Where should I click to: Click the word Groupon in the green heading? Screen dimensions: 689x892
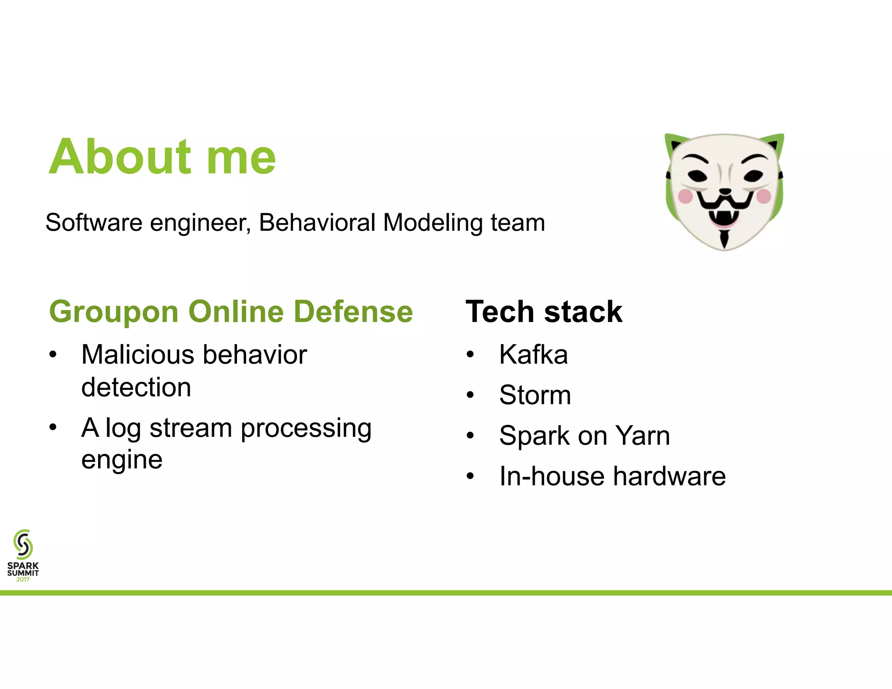tap(114, 312)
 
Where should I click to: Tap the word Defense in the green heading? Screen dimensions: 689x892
tap(353, 312)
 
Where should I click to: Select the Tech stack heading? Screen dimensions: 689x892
tap(544, 312)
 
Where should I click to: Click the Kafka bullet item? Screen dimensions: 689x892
tap(533, 355)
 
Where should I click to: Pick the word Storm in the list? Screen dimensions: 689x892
tap(535, 395)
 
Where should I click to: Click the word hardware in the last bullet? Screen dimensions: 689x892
tap(669, 476)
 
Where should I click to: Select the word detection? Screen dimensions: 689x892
tap(136, 387)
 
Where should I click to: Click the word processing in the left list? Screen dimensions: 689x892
tap(306, 428)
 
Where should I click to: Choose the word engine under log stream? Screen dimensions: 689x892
tap(122, 460)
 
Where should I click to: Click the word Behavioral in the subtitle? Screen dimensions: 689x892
tap(317, 223)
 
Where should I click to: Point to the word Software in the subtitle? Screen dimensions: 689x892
tap(94, 223)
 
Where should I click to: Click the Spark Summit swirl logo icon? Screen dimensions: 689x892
tap(23, 544)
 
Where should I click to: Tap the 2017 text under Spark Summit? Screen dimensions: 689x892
tap(23, 580)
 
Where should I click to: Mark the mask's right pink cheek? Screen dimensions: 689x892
tap(763, 196)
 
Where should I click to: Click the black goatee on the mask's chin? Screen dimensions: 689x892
tap(724, 239)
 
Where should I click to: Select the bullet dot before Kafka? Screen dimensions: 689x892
tap(470, 355)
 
